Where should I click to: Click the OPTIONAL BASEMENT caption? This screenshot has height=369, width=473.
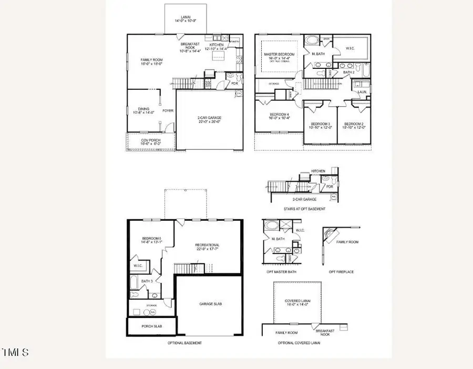(x=184, y=343)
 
